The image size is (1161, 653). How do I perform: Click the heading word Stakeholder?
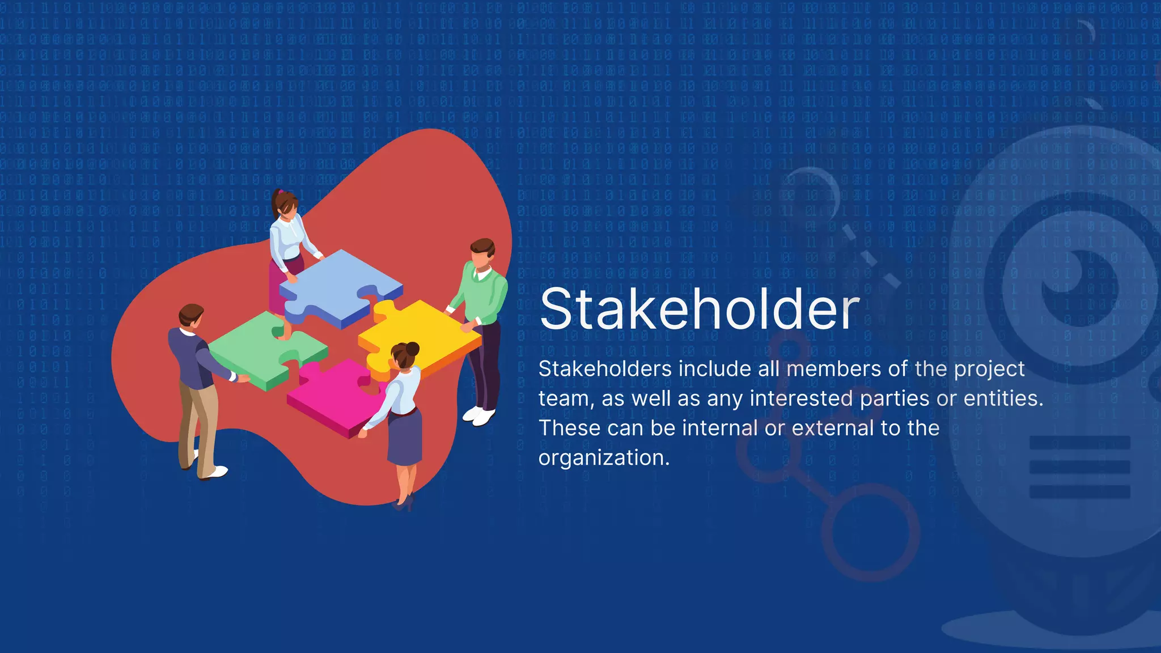coord(700,309)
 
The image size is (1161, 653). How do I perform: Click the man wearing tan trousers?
coord(196,385)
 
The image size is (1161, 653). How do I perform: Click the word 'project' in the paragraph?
coord(989,370)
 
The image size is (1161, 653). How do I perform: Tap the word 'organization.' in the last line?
coord(604,458)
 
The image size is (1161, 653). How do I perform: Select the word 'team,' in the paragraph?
coord(566,399)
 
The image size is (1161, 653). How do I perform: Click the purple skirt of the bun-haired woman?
coord(405,436)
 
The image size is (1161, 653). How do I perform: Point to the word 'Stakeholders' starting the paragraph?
coord(605,370)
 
